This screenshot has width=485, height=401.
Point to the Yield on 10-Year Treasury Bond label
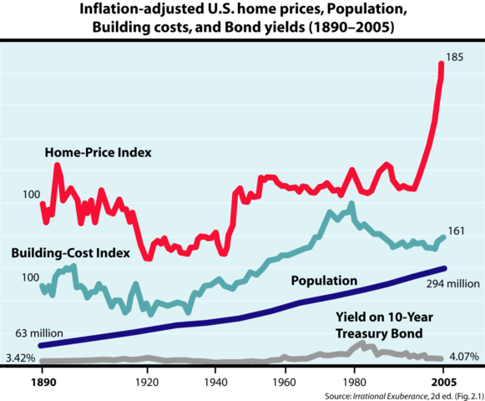379,325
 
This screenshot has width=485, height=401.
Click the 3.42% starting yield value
19,359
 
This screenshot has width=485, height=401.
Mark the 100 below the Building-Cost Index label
29,277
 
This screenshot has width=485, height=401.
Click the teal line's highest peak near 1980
351,204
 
